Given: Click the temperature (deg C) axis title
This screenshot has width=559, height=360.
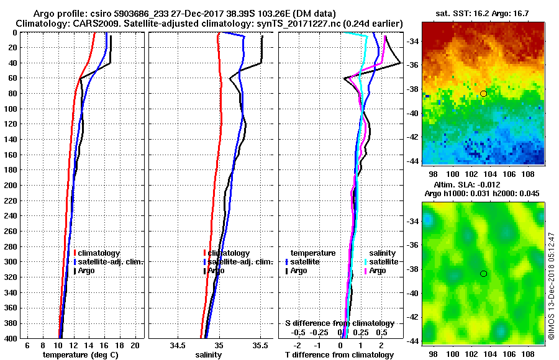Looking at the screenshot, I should point(80,355).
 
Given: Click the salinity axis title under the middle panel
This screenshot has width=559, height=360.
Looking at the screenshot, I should point(208,355).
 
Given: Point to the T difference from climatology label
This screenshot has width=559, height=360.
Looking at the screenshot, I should point(339,355).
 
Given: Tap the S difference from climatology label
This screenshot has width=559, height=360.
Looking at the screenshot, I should point(339,323).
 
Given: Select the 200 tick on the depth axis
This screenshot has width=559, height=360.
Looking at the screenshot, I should point(11,185).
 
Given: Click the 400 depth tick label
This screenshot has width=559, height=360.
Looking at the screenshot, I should point(11,338).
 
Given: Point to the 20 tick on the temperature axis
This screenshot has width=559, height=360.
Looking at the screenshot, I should point(135,344).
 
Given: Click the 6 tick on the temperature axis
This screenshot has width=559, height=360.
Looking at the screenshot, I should point(27,344).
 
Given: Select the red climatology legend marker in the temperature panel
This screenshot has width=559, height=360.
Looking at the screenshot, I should point(75,253).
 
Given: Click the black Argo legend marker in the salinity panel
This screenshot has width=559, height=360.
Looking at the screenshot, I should point(204,271).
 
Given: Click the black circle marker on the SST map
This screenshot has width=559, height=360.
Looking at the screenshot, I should point(483,93).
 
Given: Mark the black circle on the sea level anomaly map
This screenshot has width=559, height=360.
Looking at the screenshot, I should point(483,274).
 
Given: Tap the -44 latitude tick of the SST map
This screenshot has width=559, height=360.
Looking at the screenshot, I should point(412,161).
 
